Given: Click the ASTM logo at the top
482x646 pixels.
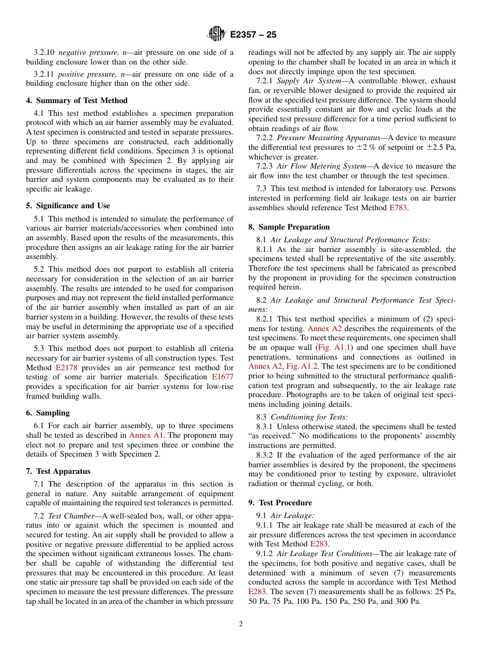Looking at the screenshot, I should (217, 35).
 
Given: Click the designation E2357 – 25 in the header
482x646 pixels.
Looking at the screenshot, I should (253, 35).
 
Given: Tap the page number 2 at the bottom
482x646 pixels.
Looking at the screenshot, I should (241, 624).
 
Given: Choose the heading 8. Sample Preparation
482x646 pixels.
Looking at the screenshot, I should (289, 227).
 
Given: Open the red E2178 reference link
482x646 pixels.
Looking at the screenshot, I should (66, 368).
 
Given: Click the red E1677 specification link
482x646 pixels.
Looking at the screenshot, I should (223, 377).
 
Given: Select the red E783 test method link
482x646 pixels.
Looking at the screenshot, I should (398, 208).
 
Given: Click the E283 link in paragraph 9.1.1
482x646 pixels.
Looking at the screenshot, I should (319, 544).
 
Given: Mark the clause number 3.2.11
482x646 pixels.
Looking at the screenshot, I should (45, 74).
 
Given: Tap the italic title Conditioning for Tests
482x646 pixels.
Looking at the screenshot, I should (309, 417).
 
